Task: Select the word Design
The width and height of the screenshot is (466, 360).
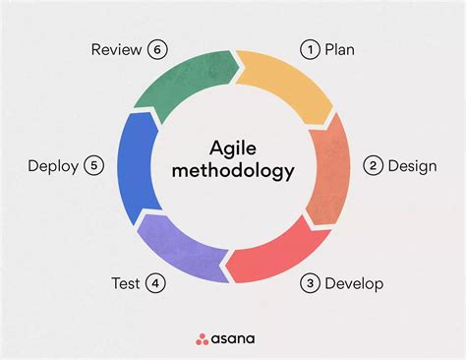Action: [x=413, y=165]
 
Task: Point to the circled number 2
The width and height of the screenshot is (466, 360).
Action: [x=373, y=165]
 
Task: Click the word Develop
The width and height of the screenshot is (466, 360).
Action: [x=355, y=284]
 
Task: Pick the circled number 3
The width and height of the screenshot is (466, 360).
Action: [x=310, y=284]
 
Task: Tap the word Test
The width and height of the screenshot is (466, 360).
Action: [x=126, y=284]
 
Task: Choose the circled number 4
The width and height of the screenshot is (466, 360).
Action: [x=154, y=284]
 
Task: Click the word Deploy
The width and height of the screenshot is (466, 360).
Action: [x=53, y=165]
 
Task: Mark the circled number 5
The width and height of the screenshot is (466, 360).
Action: [x=94, y=165]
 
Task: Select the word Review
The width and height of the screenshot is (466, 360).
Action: [x=116, y=48]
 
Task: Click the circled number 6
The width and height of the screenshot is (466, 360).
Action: [x=155, y=48]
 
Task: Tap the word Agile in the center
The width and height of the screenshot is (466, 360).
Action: [x=233, y=148]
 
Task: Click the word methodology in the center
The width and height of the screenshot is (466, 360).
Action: [x=233, y=171]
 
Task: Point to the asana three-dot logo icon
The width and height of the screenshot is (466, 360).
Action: [x=202, y=338]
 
